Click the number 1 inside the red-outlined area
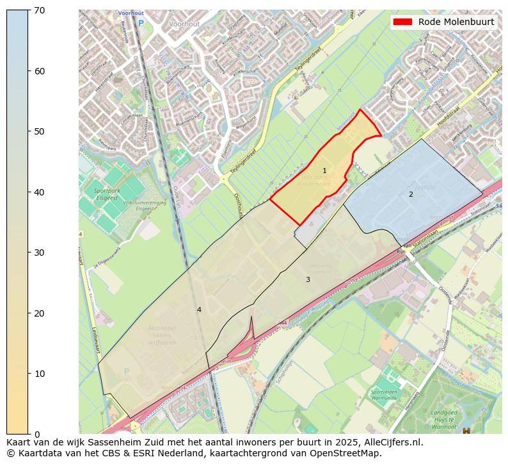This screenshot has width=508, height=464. tap(324, 170)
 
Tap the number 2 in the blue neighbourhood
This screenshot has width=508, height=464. tap(411, 194)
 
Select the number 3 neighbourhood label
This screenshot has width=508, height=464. tap(308, 279)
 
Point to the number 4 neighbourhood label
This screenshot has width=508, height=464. tap(199, 310)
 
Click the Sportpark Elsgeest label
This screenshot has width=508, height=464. tap(106, 194)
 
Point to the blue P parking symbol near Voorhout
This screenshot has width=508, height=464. tap(141, 24)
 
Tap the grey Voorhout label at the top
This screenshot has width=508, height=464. tap(184, 24)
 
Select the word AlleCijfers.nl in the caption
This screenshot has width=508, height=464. tap(389, 442)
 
